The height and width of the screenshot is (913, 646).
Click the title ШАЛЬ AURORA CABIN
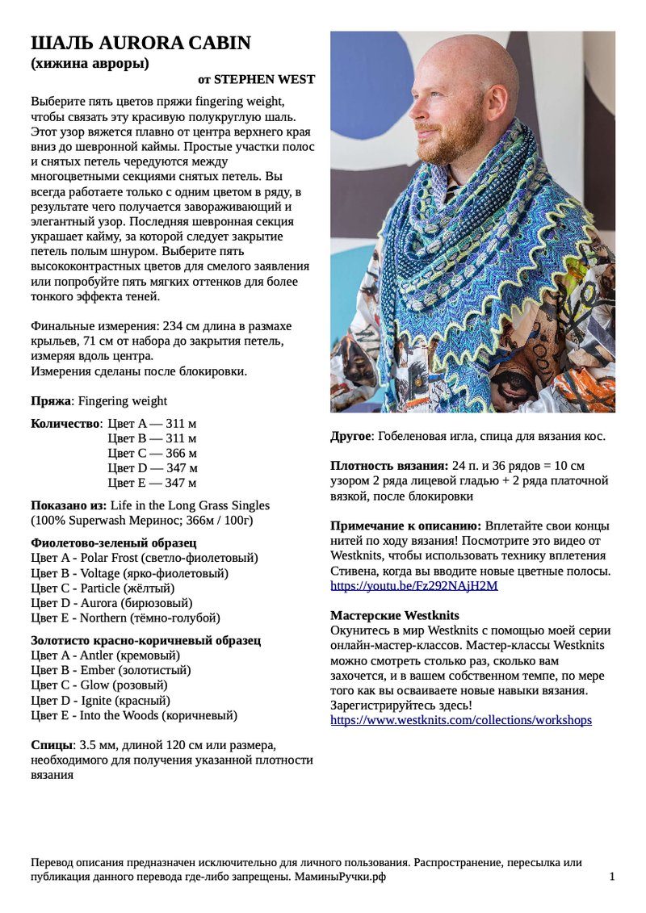pyautogui.click(x=141, y=44)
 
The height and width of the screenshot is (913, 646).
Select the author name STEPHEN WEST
pyautogui.click(x=263, y=79)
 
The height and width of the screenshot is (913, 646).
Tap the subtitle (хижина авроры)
pyautogui.click(x=90, y=64)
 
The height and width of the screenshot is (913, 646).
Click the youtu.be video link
pyautogui.click(x=414, y=585)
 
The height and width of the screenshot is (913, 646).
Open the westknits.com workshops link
pyautogui.click(x=461, y=719)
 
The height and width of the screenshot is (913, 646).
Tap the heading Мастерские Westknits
pyautogui.click(x=395, y=615)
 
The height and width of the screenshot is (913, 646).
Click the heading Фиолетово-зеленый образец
pyautogui.click(x=114, y=542)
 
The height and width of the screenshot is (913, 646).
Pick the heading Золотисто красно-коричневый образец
pyautogui.click(x=145, y=640)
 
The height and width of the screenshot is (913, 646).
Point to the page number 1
pyautogui.click(x=612, y=877)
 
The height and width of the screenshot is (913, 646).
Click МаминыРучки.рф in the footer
pyautogui.click(x=340, y=877)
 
